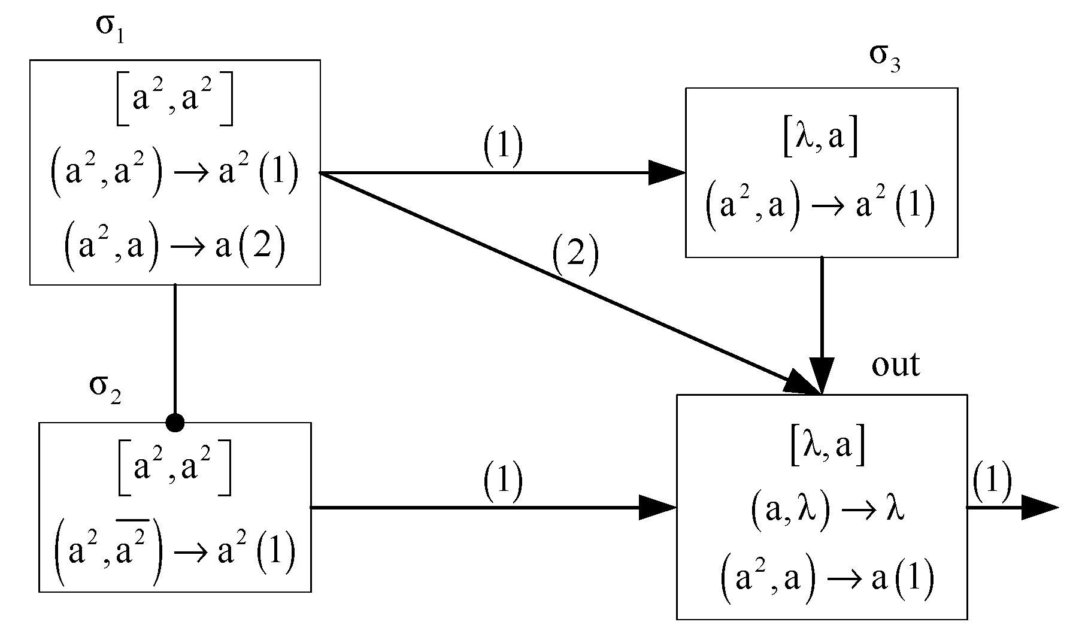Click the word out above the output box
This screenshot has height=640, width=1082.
click(895, 366)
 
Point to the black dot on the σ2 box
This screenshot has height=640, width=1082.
click(175, 423)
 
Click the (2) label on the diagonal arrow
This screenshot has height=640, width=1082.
click(575, 257)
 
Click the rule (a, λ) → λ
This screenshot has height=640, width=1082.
click(826, 514)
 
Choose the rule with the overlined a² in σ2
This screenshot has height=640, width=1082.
click(174, 550)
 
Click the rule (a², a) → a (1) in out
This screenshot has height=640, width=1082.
click(827, 580)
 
